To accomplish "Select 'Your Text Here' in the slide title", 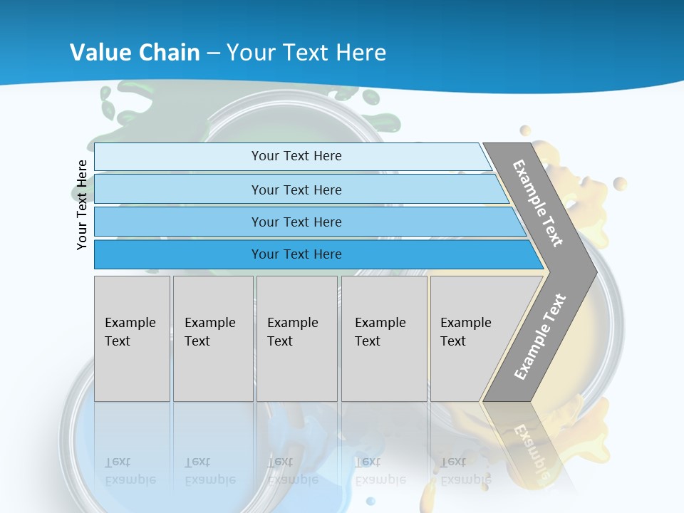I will tap(306, 52).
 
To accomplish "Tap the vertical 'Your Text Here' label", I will tap(82, 204).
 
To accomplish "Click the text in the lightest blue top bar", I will tap(296, 156).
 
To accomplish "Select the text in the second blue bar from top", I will tap(296, 190).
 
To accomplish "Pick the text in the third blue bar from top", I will tap(296, 222).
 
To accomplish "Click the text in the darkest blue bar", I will tap(296, 254).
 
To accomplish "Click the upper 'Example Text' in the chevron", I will tap(538, 203).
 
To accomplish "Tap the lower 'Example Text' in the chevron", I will tap(540, 336).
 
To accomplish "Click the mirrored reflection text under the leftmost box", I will tap(130, 471).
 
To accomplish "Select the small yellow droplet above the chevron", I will tap(525, 130).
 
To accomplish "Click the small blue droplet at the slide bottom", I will tap(370, 501).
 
